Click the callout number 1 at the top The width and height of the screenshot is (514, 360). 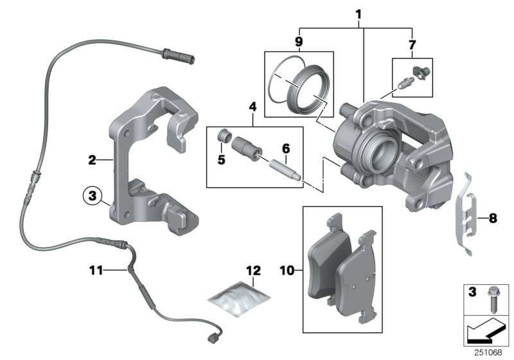[359, 14]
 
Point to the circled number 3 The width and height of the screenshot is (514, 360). [93, 194]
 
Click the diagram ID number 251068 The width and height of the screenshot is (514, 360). [491, 352]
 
